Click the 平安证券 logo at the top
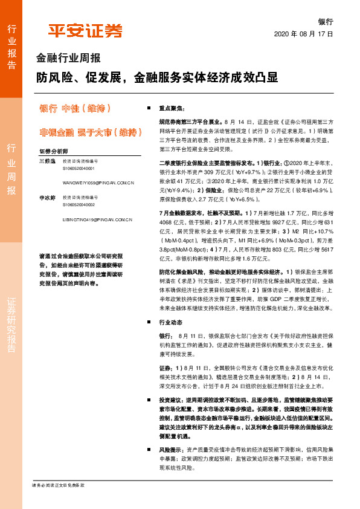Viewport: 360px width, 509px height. tap(85, 30)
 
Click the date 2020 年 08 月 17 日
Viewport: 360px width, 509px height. tap(304, 34)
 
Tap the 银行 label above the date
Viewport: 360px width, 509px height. tap(326, 21)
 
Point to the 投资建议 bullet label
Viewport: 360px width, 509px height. tap(172, 401)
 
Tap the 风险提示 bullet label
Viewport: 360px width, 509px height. tap(172, 450)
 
